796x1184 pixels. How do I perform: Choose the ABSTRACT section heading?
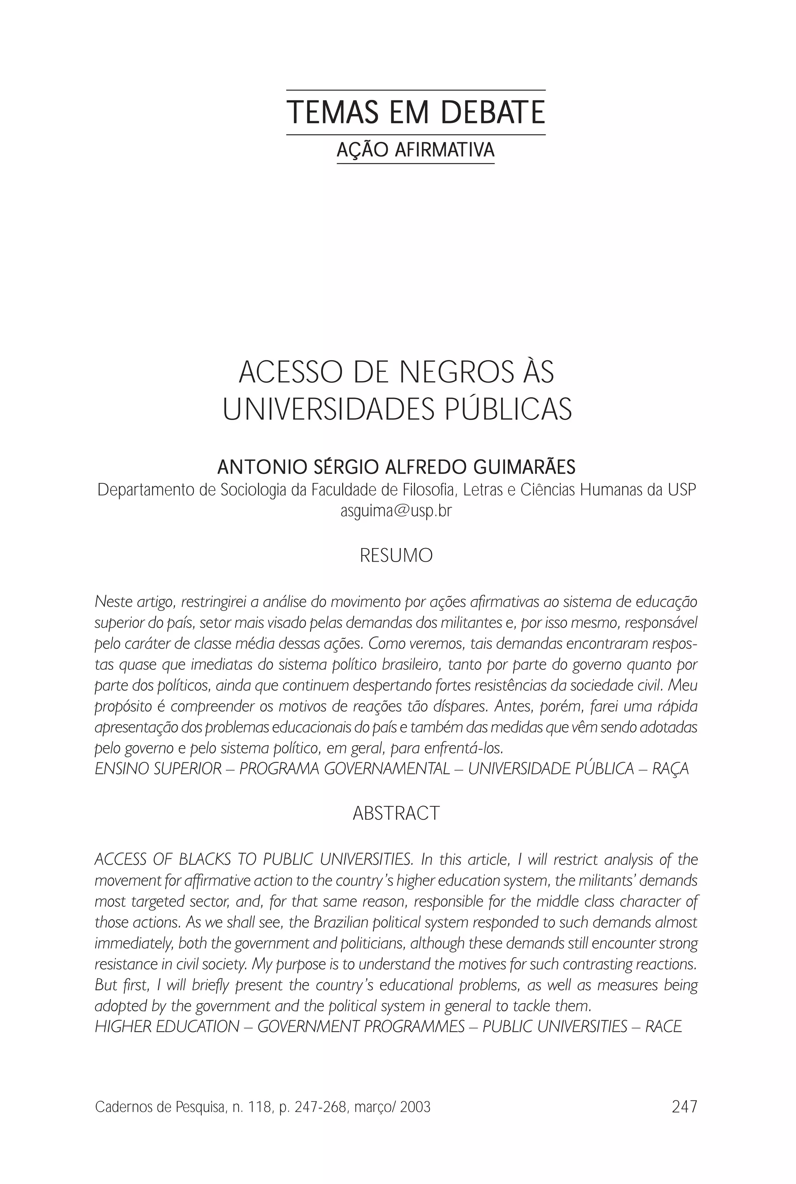tap(396, 813)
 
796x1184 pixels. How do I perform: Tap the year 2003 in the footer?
tap(415, 1107)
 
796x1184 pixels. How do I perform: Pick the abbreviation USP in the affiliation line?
tap(682, 490)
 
